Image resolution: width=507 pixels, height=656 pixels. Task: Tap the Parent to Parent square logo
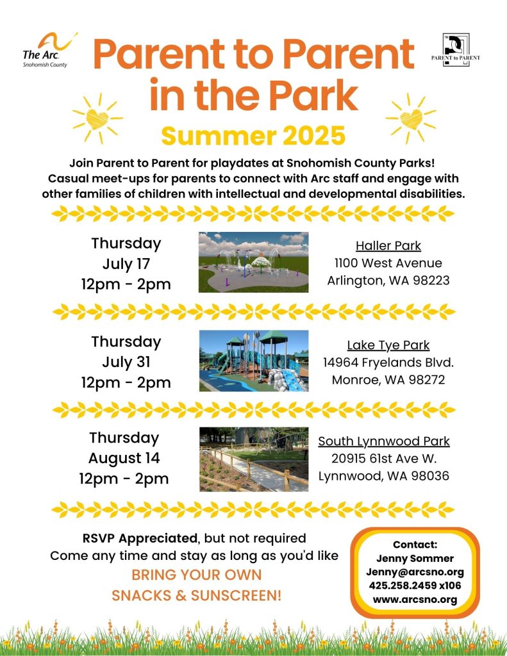[456, 50]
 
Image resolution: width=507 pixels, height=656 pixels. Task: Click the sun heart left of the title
[97, 119]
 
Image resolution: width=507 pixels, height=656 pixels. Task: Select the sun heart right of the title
[411, 119]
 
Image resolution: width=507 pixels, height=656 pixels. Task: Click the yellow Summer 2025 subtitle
[253, 136]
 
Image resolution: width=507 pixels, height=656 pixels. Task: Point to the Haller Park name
[388, 245]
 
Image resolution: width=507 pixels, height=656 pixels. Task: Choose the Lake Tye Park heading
[388, 345]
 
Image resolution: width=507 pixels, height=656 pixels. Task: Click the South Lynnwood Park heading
[384, 441]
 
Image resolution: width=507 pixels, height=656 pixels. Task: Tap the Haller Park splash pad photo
[253, 262]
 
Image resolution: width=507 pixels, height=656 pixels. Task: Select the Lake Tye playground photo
[254, 361]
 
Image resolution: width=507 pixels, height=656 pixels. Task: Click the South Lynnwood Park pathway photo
[254, 459]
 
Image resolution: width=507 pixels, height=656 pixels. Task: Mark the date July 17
[126, 265]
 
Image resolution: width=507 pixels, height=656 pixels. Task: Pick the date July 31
[126, 363]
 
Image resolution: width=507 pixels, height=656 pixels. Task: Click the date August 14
[124, 459]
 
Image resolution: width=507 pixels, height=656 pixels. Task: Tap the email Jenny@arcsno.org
[415, 572]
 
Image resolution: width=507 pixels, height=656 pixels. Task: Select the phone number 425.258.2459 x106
[415, 586]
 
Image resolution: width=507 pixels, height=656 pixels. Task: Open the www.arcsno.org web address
[415, 600]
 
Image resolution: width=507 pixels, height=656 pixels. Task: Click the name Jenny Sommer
[415, 559]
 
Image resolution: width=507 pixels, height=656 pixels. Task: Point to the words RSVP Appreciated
[140, 538]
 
